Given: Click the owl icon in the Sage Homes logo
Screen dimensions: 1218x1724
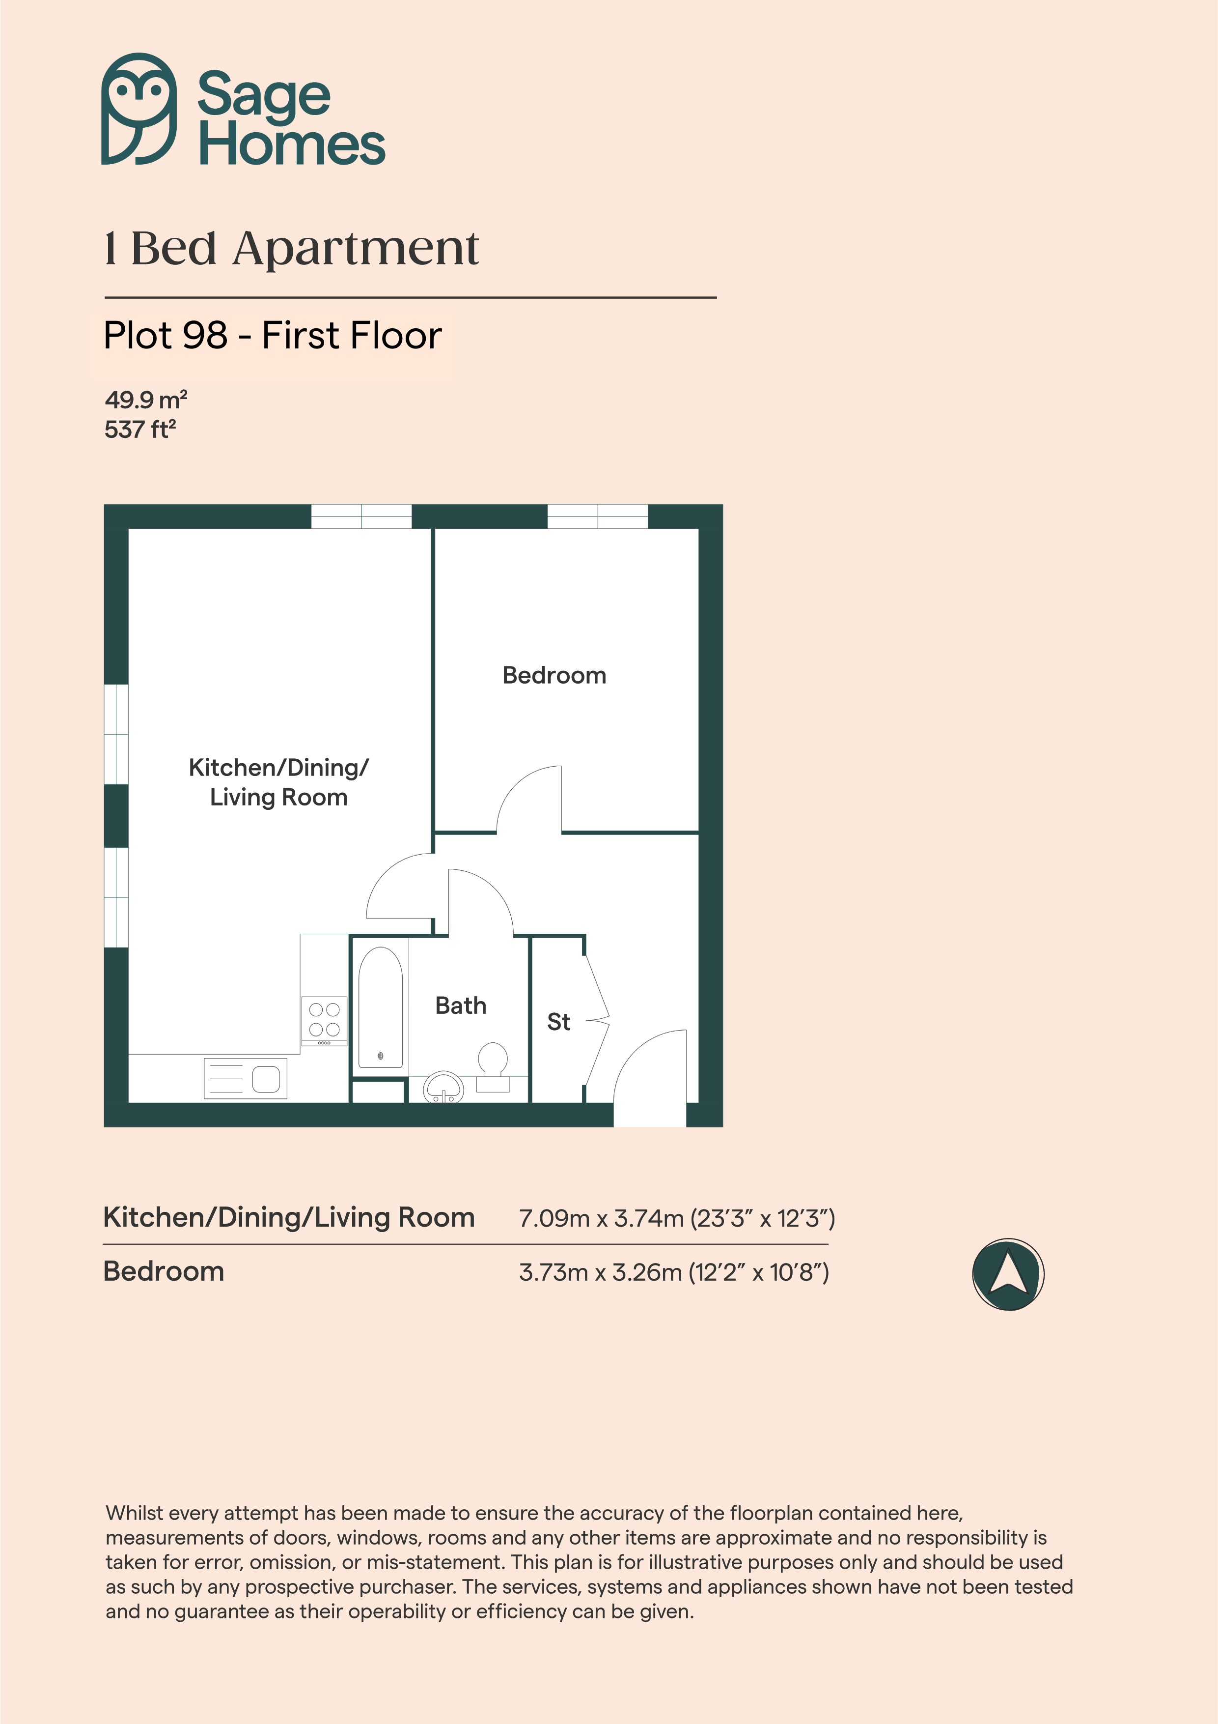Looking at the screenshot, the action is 139,109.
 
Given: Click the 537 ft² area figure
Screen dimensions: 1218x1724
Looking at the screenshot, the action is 140,430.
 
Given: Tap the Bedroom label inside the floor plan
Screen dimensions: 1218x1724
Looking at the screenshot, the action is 554,675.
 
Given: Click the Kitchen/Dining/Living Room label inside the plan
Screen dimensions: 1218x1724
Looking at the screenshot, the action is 278,782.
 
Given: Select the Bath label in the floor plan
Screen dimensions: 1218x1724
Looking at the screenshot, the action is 461,1006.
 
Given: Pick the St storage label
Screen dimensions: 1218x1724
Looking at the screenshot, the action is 558,1022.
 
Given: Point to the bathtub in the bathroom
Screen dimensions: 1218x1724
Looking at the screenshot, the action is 381,1007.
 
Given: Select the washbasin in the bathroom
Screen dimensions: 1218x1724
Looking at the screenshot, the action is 444,1087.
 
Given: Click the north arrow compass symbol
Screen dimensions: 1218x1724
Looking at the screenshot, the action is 1008,1274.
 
